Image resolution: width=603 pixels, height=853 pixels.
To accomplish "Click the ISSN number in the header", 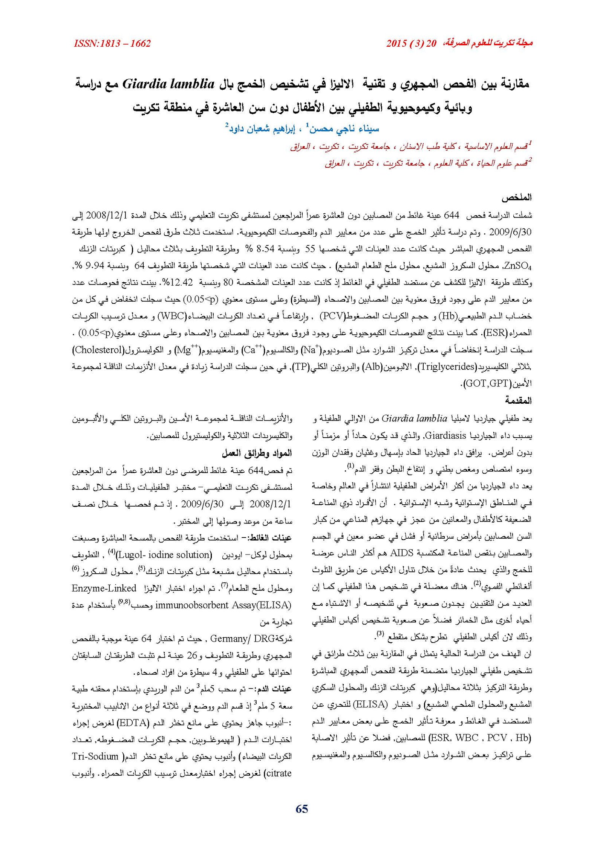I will [112, 44].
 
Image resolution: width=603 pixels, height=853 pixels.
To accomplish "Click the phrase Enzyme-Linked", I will [104, 588].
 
